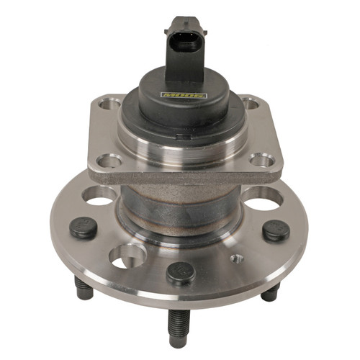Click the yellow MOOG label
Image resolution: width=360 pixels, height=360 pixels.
click(x=184, y=94)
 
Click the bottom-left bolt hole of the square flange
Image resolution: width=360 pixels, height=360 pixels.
click(x=107, y=160)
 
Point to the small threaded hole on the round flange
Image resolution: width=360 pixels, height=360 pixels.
click(x=235, y=258)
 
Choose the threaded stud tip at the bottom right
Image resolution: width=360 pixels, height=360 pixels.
click(x=270, y=292)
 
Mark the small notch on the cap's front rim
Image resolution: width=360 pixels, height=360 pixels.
click(x=180, y=134)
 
